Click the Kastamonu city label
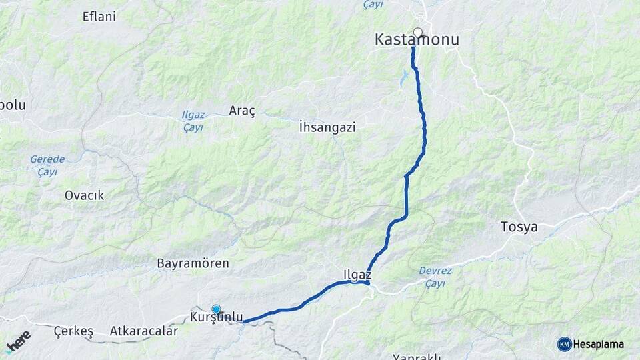tap(417, 41)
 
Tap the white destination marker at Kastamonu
tap(418, 32)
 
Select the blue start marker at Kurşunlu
tap(216, 309)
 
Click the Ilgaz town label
tap(357, 274)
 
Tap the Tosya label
tap(519, 227)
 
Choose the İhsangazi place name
tap(327, 127)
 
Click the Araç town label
tap(242, 111)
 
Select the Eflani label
tap(99, 17)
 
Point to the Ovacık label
tap(84, 195)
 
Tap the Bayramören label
tap(193, 263)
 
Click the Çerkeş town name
tap(73, 331)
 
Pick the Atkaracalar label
tap(144, 331)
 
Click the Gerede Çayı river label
tap(47, 165)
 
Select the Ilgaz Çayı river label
tap(193, 121)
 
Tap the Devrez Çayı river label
tap(435, 277)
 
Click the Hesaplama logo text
tap(599, 345)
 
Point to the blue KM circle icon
tap(565, 345)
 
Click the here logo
tap(18, 342)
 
